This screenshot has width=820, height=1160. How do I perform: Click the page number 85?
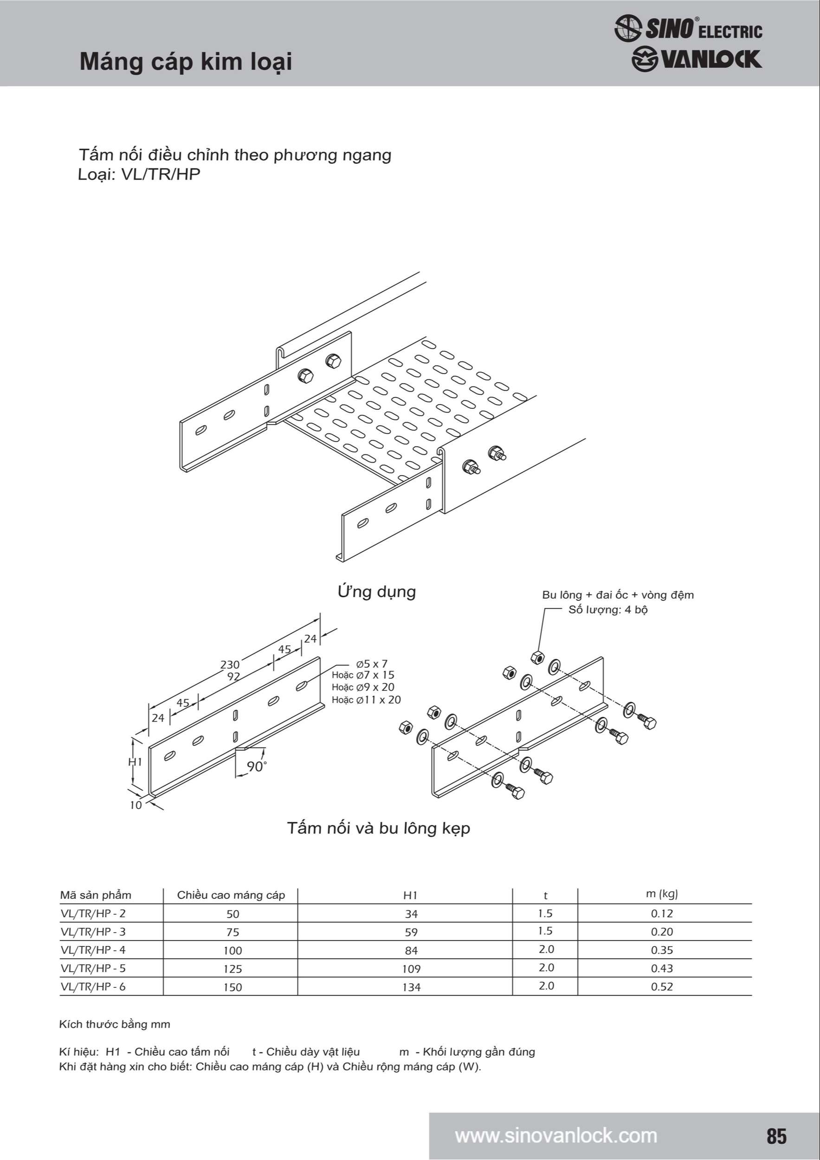point(776,1135)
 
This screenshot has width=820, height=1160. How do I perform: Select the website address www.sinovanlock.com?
point(556,1135)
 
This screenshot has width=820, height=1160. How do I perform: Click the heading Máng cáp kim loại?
point(186,62)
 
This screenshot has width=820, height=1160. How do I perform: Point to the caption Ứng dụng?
point(376,592)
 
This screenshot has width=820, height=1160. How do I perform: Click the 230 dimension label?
point(230,664)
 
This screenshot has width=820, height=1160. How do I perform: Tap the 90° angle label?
point(257,767)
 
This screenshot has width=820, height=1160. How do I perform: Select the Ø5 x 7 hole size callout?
point(371,664)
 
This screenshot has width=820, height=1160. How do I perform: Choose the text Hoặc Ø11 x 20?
point(366,700)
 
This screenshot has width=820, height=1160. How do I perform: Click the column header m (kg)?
point(661,893)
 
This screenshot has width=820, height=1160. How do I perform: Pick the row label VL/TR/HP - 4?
point(93,950)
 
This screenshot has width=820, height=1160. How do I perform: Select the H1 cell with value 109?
point(411,968)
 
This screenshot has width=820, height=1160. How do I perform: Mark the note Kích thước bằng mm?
point(115,1024)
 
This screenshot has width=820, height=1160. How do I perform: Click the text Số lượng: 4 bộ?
point(608,610)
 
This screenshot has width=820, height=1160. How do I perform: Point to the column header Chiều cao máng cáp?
point(231,895)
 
